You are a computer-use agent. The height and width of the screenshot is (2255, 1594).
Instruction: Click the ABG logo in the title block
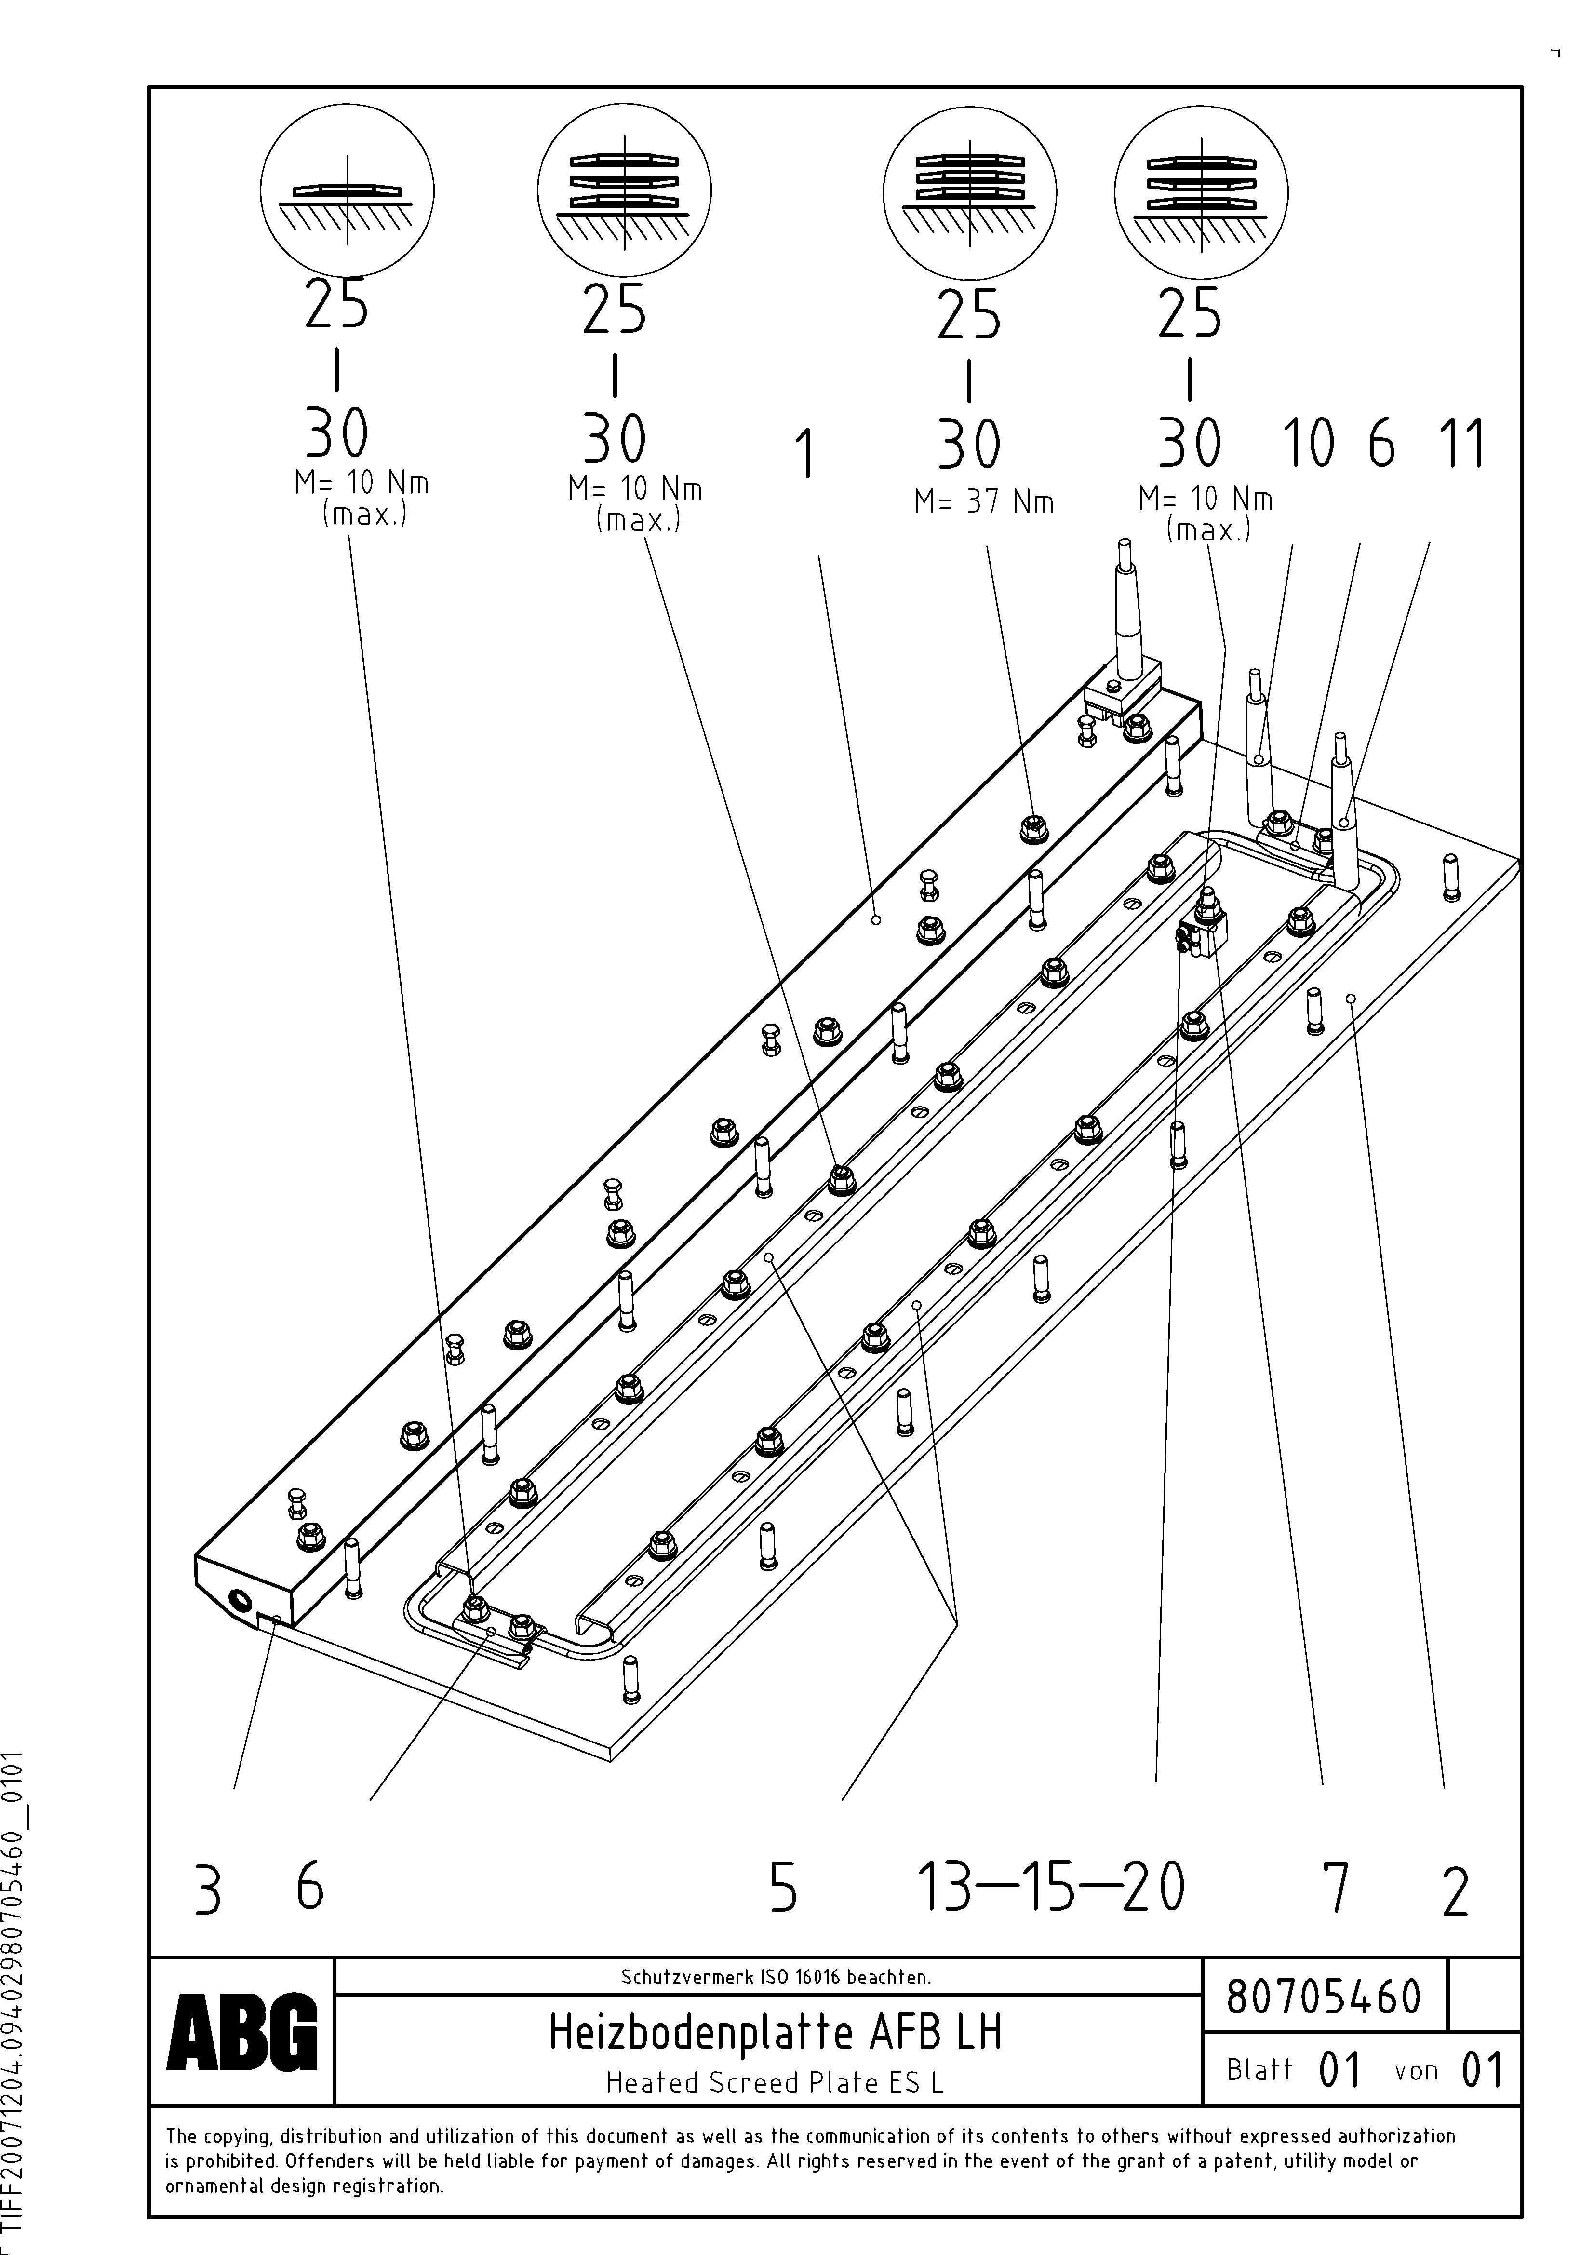point(241,2032)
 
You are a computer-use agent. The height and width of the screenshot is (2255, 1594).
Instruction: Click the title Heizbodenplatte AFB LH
point(775,2032)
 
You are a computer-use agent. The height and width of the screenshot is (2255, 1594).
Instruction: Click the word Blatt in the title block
point(1259,2069)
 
